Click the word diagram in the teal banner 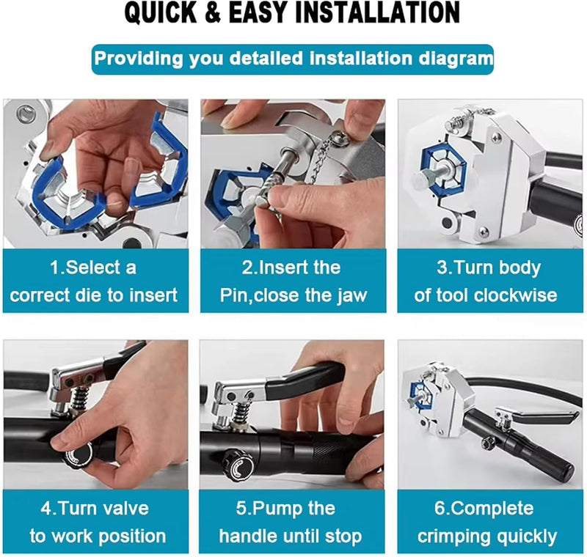pos(447,58)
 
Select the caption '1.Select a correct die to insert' pos(93,281)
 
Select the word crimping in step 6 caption pos(455,536)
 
